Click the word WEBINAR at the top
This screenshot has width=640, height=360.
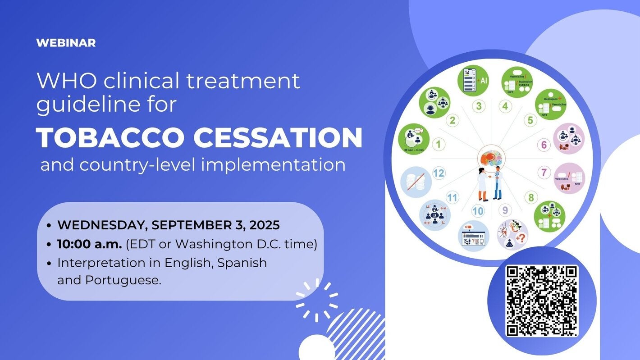click(66, 43)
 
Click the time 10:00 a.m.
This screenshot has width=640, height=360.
click(89, 244)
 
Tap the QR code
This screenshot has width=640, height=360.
click(541, 301)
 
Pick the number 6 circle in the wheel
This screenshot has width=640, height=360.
click(544, 145)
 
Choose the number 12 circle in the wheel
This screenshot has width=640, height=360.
click(439, 173)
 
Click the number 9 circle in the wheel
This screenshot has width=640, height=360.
click(505, 210)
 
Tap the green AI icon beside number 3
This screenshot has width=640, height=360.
click(473, 81)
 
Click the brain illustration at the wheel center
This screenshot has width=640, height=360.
click(491, 158)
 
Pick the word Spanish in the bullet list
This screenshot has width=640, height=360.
click(242, 263)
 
